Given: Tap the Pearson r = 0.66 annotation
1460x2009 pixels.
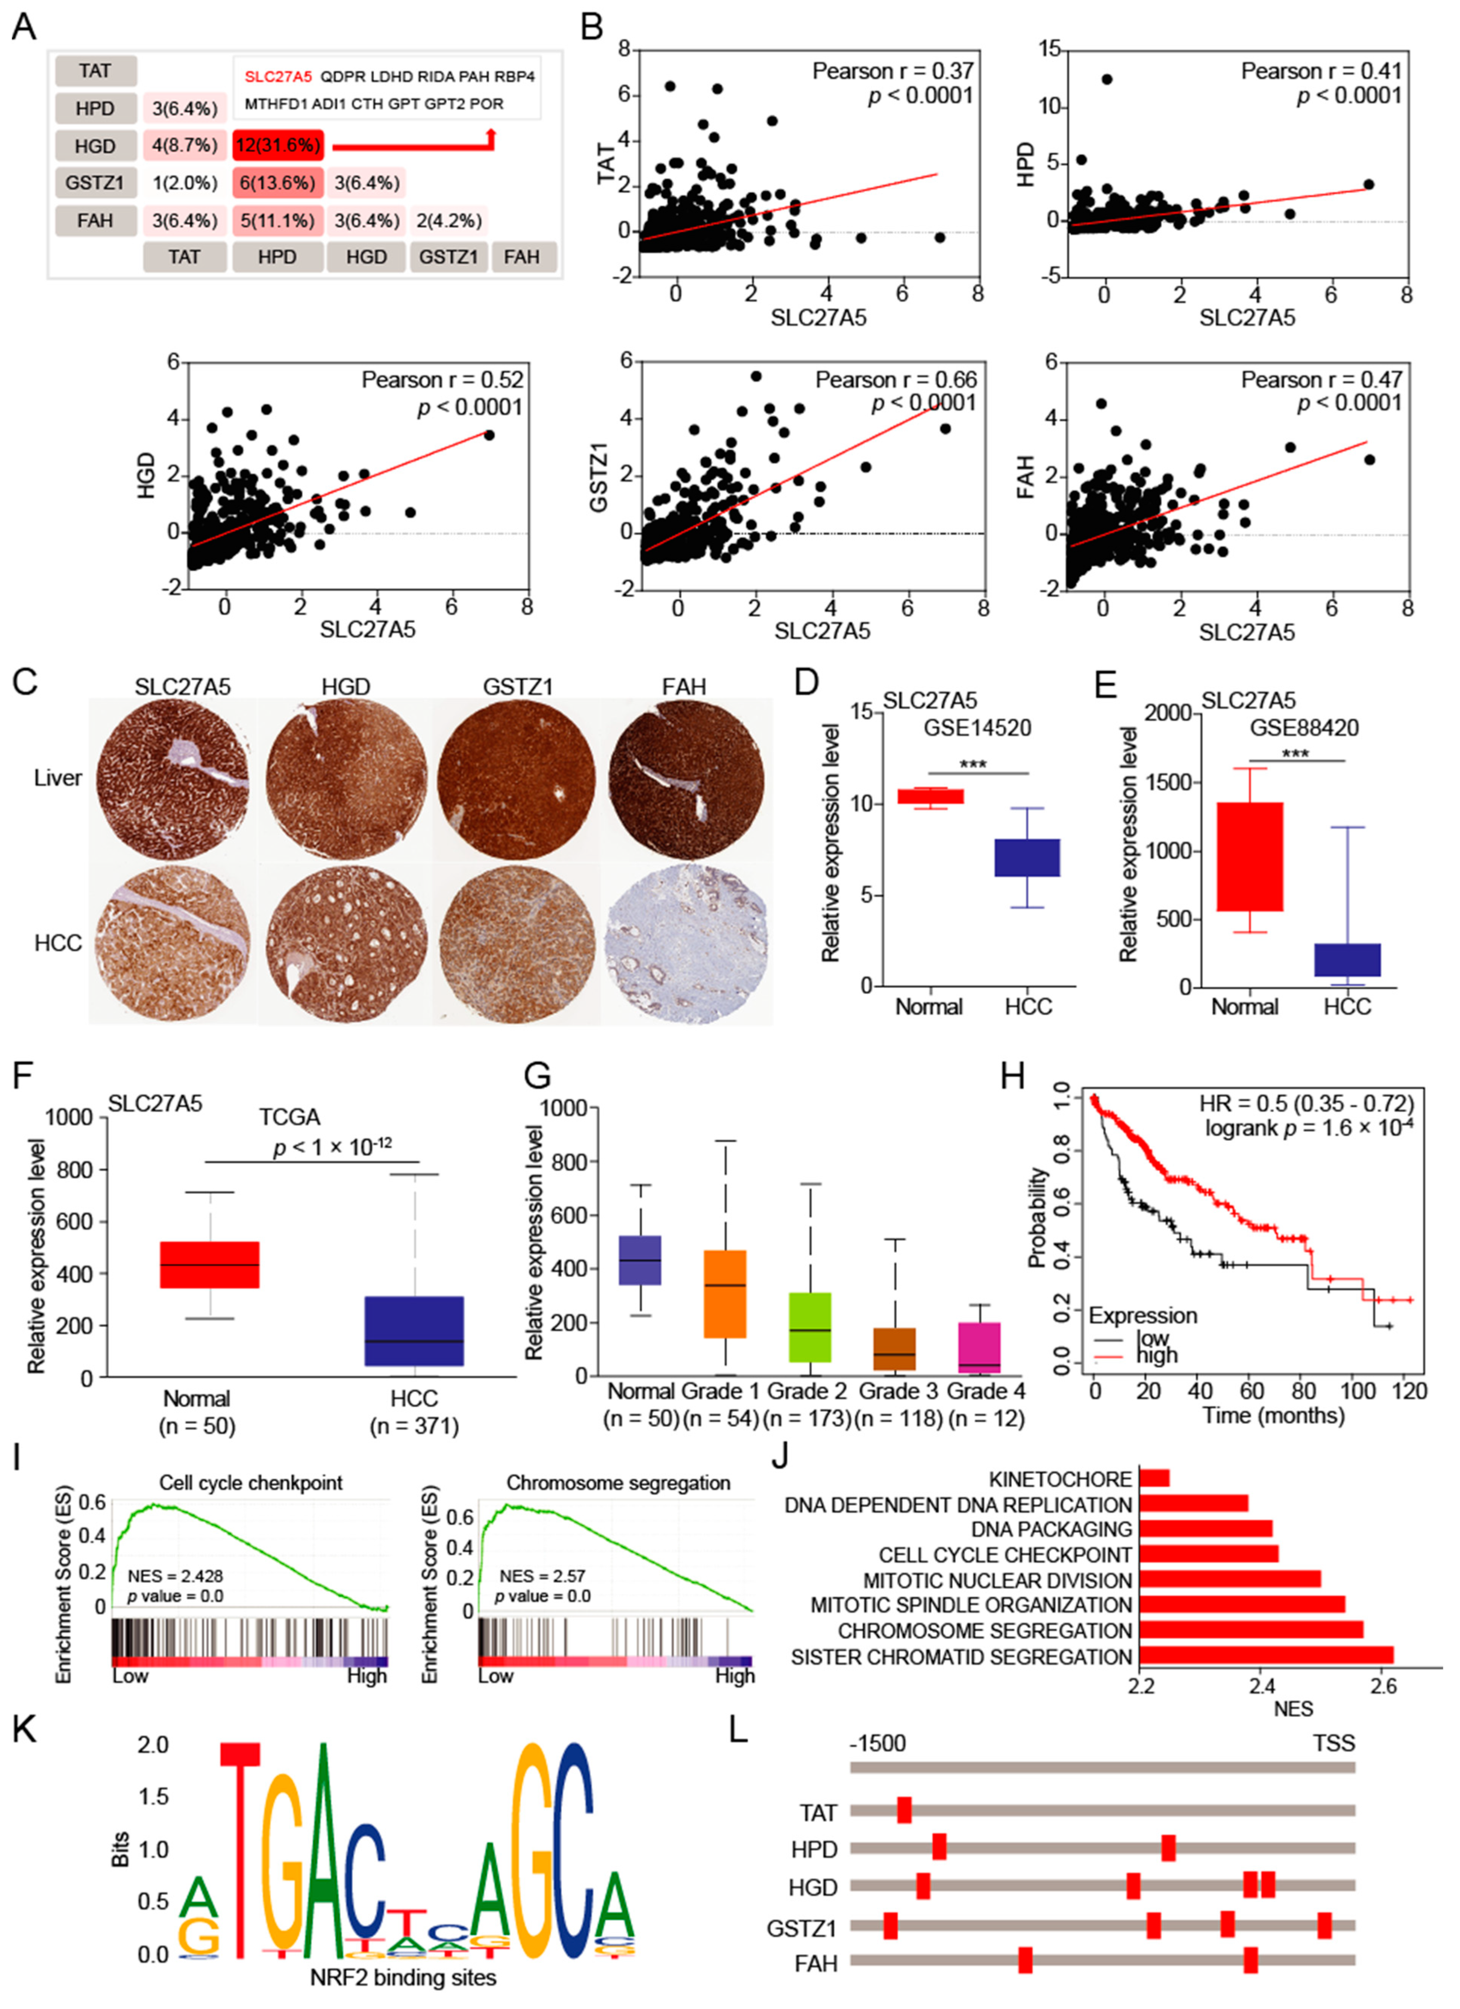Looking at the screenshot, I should (896, 380).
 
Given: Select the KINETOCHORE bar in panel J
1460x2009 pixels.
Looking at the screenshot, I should (1154, 1478).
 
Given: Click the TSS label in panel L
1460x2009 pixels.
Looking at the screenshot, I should (1333, 1743).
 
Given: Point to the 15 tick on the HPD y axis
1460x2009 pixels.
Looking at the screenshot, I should (1049, 51).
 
